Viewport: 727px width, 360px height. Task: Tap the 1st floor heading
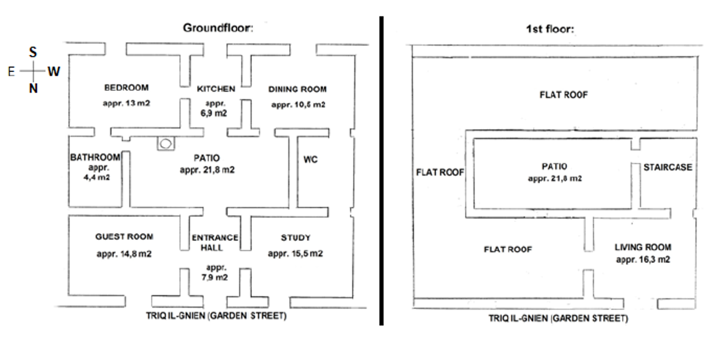click(550, 29)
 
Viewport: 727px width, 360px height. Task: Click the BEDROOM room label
click(126, 88)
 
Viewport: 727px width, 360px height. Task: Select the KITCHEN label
click(216, 89)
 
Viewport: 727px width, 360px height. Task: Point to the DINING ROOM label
click(298, 89)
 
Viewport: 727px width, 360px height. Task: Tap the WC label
click(310, 160)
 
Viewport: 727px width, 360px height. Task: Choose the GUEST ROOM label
click(124, 237)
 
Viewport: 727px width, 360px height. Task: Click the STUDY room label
click(295, 237)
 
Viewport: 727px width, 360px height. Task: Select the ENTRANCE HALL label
click(215, 243)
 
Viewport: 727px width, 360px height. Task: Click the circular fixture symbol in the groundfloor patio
click(165, 144)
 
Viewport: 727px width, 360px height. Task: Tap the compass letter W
click(54, 72)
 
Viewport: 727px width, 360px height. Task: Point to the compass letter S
click(33, 53)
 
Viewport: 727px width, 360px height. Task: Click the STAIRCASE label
click(668, 167)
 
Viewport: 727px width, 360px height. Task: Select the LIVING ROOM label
click(643, 247)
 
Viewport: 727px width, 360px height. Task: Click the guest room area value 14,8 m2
click(124, 254)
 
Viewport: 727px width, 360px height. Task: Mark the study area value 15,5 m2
click(295, 254)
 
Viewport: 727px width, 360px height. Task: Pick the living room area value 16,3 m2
click(643, 259)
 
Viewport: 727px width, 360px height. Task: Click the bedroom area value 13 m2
click(126, 103)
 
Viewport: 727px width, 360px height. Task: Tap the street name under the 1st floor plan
click(557, 319)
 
